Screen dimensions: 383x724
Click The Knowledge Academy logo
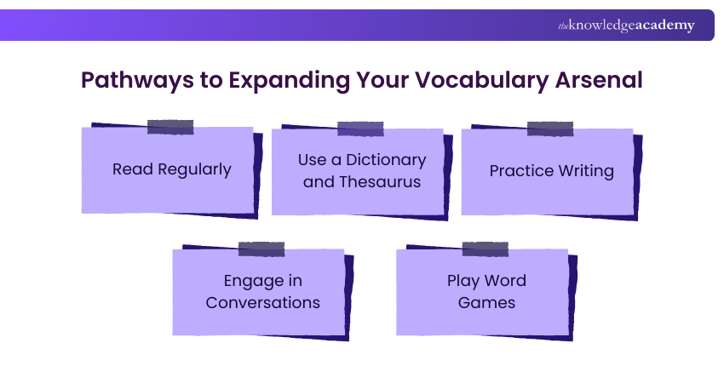626,26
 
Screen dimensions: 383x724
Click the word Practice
520,170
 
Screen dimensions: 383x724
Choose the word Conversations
262,302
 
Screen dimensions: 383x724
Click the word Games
486,302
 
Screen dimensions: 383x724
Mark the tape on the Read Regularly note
170,127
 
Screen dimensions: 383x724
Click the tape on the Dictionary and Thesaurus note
359,129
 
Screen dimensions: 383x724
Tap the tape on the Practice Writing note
549,129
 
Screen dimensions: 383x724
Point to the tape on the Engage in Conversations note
261,249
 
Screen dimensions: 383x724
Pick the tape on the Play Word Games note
485,249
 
